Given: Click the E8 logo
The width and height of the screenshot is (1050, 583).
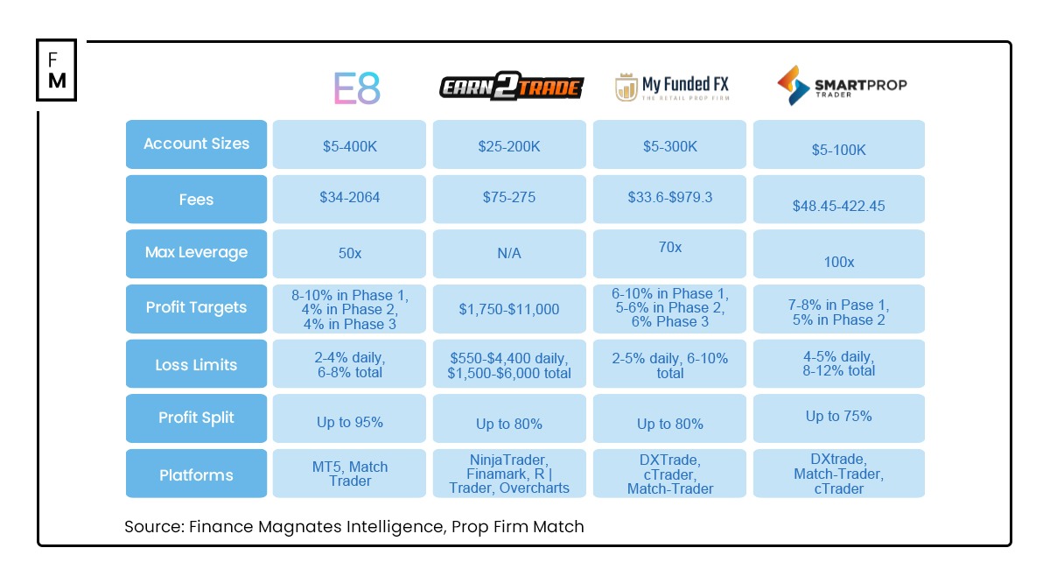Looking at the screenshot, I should [x=357, y=88].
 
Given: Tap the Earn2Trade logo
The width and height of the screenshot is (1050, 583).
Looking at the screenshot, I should [x=511, y=88].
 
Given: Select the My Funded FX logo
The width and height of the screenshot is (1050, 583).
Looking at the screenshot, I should [x=671, y=88].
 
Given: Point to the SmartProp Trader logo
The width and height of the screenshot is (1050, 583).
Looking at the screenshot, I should [x=841, y=86].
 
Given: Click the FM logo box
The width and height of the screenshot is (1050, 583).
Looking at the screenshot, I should [x=57, y=70].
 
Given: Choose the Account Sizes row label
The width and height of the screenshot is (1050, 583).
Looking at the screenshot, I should [x=196, y=144].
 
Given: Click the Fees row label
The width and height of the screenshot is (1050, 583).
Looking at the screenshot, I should [x=196, y=200].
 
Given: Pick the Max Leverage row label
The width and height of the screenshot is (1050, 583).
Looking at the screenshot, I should [x=196, y=253].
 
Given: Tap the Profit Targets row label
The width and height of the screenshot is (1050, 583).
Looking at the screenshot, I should [x=196, y=308].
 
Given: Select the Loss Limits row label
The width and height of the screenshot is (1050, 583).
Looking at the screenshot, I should [x=196, y=364].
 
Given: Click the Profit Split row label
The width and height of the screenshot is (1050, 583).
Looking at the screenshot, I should [x=196, y=418].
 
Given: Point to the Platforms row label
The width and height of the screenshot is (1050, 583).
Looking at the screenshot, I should [x=196, y=474].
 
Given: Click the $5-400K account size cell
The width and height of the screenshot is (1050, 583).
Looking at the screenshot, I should [x=349, y=146].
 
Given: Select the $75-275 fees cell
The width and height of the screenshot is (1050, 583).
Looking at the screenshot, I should [x=509, y=199].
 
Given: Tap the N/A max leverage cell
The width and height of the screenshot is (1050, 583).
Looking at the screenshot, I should [x=509, y=253].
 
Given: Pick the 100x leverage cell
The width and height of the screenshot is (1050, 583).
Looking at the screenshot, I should [x=838, y=262].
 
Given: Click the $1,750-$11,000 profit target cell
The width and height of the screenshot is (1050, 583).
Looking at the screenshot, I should [x=509, y=309].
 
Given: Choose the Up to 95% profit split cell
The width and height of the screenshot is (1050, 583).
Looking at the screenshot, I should [x=349, y=423].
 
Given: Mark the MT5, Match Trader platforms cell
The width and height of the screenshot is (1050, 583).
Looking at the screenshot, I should [x=349, y=474].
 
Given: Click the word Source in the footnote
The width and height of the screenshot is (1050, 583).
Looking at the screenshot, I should [x=153, y=527].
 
